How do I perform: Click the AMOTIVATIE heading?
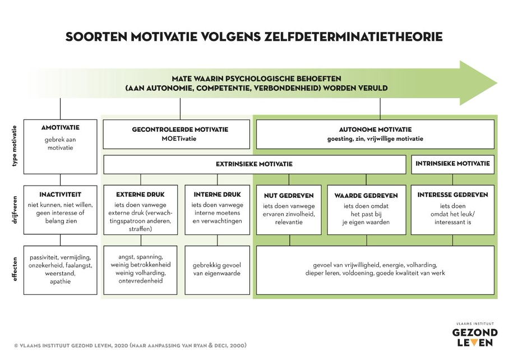tap(61, 128)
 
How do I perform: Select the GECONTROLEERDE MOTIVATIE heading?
tap(180, 130)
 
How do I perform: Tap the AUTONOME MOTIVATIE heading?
tap(375, 130)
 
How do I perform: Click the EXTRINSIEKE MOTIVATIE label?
tap(254, 164)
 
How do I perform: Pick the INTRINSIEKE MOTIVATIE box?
tap(452, 165)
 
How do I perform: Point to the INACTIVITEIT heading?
tap(61, 195)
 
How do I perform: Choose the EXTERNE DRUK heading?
tap(140, 195)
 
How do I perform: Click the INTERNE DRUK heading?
tap(217, 195)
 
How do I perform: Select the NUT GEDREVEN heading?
tap(289, 195)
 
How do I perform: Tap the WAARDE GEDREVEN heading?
tap(366, 195)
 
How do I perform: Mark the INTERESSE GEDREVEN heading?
tap(452, 195)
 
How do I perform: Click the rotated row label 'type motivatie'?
tap(14, 146)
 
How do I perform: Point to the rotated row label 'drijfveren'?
tap(14, 210)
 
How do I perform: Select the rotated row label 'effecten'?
tap(14, 269)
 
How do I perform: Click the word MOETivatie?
tap(179, 139)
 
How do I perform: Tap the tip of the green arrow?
tap(497, 83)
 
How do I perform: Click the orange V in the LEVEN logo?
tap(474, 342)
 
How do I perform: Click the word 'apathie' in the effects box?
tap(61, 281)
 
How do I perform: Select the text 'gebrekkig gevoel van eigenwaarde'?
tap(217, 269)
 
